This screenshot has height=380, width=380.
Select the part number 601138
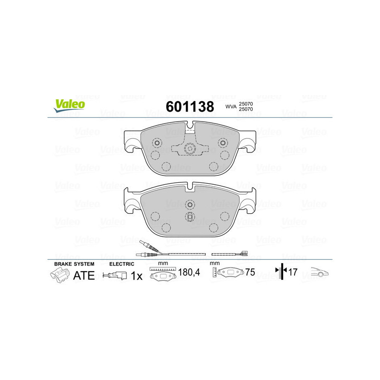tap(190, 106)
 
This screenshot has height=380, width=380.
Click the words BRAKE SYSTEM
tap(74, 263)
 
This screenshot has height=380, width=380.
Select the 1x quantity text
tap(136, 275)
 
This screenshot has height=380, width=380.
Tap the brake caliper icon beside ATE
tap(59, 275)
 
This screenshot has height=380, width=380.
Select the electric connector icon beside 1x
tap(115, 275)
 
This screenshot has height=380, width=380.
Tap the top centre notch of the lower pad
tap(190, 186)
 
